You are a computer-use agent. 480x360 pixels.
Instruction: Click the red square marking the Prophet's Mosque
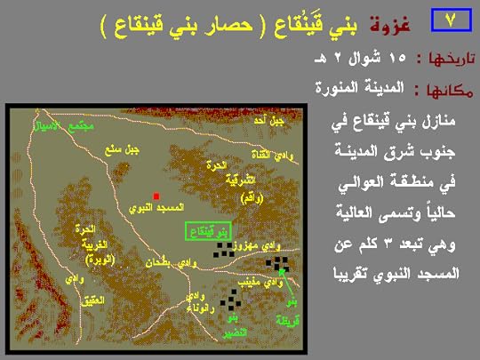(x=156, y=196)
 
